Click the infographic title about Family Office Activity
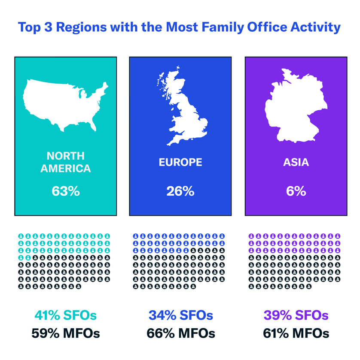click(x=180, y=27)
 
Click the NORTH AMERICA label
click(x=66, y=162)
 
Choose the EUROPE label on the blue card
click(x=180, y=162)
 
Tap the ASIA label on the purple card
click(x=296, y=162)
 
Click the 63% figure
click(x=66, y=191)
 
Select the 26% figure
click(x=180, y=191)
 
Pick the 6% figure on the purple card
click(x=296, y=191)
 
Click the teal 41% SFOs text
click(x=65, y=315)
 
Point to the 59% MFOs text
click(x=65, y=333)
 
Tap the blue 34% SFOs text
click(x=180, y=315)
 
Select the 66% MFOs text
click(x=180, y=333)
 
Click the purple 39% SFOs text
click(x=296, y=315)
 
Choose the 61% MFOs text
click(x=296, y=333)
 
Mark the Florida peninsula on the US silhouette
click(x=96, y=126)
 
